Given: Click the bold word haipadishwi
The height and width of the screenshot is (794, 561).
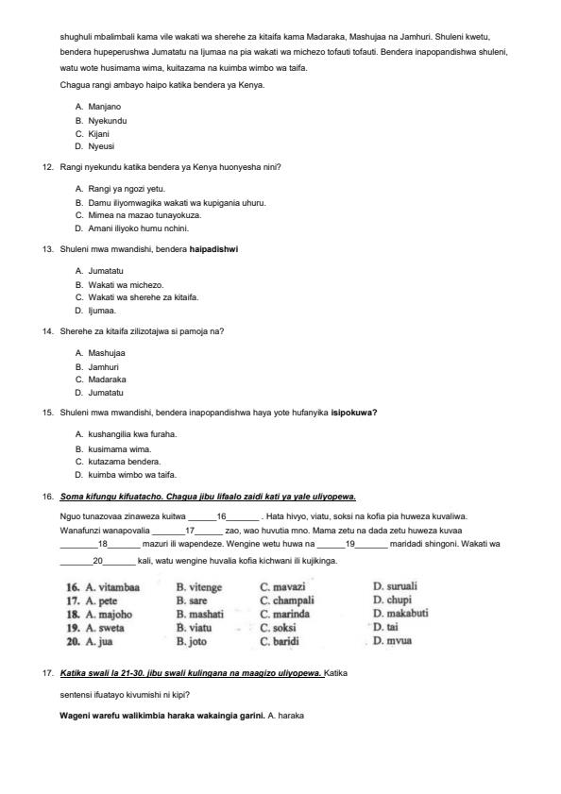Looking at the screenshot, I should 213,249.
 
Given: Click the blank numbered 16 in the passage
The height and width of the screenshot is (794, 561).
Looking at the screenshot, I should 223,516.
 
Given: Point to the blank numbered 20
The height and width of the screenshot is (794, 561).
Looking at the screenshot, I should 98,561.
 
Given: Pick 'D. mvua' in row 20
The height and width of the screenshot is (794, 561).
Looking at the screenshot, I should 392,641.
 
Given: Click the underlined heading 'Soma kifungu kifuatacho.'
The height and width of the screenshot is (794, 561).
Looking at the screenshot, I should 112,496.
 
